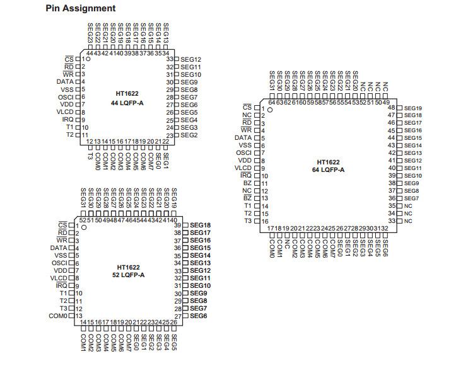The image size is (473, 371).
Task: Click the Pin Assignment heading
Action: tap(81, 8)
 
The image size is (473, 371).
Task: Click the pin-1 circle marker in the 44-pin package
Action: tap(89, 59)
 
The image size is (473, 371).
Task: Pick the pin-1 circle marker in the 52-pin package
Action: tap(84, 226)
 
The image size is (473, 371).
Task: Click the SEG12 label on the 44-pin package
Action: tap(190, 59)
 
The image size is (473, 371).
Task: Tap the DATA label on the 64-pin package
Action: tap(243, 138)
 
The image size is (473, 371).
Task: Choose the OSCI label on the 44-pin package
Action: tap(66, 97)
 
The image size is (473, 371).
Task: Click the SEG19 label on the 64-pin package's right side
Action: tap(413, 108)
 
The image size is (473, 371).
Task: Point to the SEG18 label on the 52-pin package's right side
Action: tap(200, 225)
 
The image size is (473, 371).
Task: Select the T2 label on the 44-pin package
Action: tap(70, 135)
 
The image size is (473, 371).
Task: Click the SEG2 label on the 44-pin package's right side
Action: tap(189, 135)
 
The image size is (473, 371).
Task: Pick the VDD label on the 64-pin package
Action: tap(244, 161)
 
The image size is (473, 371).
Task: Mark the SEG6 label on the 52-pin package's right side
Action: tap(199, 316)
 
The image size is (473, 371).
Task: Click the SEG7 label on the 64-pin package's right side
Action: tap(411, 198)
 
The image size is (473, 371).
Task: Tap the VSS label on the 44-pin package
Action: tap(66, 89)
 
